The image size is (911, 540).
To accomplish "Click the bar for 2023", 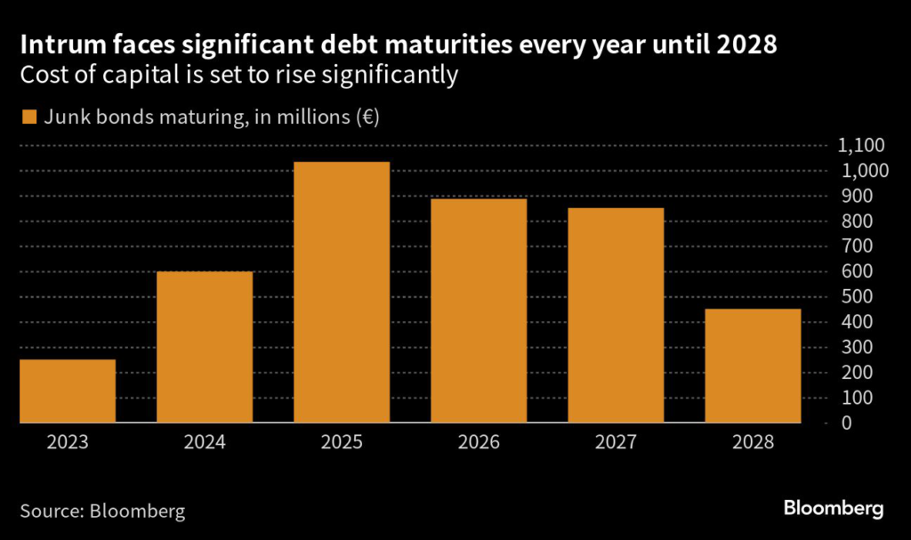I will pyautogui.click(x=68, y=391).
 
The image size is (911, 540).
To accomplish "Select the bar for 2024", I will pyautogui.click(x=205, y=347).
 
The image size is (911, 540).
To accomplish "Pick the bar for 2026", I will pyautogui.click(x=479, y=310).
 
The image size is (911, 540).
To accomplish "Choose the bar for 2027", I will pyautogui.click(x=616, y=315).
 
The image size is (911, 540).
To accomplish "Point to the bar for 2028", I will pyautogui.click(x=753, y=366).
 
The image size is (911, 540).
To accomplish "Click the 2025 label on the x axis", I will pyautogui.click(x=342, y=441).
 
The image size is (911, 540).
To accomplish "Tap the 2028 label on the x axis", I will pyautogui.click(x=753, y=441).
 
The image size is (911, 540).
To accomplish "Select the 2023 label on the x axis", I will pyautogui.click(x=68, y=441).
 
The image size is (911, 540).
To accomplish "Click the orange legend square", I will pyautogui.click(x=28, y=117).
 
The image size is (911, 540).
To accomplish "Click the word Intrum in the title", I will pyautogui.click(x=60, y=44).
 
